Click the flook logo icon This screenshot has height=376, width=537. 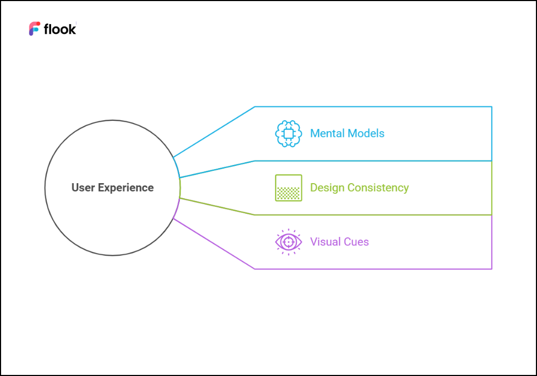pos(34,29)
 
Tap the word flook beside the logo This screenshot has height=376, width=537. pos(60,29)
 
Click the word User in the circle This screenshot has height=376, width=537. pos(83,187)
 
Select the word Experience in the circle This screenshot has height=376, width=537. pos(126,188)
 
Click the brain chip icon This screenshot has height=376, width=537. pos(288,134)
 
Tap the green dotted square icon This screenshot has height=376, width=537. pos(288,187)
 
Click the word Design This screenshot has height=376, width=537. pos(328,187)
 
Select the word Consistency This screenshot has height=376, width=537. pos(378,188)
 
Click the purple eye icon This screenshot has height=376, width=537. pos(288,242)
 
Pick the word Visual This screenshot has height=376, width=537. pos(325,242)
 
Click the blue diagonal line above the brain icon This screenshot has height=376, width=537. pos(214,132)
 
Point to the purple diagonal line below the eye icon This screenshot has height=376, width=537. pos(214,244)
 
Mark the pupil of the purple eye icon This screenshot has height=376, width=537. pos(288,242)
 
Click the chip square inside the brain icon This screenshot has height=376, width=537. pos(288,134)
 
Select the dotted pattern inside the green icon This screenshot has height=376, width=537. pos(288,193)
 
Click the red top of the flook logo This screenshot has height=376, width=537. pos(35,25)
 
